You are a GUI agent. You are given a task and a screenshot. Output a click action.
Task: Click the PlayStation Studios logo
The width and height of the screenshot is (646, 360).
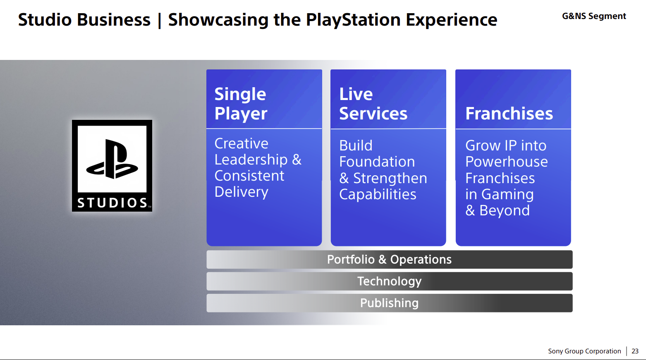pos(112,166)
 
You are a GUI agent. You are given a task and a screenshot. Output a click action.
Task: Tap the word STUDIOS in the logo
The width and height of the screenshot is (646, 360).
pos(112,203)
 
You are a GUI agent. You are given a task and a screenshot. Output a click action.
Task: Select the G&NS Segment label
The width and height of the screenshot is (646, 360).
pos(594,16)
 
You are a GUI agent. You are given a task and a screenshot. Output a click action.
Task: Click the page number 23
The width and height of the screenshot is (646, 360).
pos(635,351)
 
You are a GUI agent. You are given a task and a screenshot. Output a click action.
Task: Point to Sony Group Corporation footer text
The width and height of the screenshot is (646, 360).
pos(584,351)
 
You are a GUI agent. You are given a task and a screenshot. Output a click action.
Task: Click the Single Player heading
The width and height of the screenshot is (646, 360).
pos(241,104)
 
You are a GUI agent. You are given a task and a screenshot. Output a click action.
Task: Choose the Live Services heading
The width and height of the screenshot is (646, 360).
pos(373,104)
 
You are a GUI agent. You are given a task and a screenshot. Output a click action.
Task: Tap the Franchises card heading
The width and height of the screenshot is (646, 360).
pos(509,113)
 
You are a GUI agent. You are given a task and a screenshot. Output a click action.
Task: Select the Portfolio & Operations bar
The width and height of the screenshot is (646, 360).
pos(389,260)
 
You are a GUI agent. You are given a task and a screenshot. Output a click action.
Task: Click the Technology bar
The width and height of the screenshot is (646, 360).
pos(389,281)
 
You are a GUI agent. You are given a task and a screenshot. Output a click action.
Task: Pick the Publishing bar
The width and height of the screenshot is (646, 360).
pos(389,303)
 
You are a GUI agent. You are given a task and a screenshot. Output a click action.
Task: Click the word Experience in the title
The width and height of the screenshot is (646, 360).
pos(451,20)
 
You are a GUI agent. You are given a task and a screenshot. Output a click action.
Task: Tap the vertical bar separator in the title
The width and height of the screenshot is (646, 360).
pos(159,20)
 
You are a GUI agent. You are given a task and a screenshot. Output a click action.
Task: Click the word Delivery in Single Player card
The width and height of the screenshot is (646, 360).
pos(242,192)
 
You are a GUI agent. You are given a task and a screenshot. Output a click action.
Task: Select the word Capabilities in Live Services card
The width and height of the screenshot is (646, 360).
pos(378,195)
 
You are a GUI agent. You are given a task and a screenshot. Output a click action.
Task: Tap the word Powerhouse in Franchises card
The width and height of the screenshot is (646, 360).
pos(506,162)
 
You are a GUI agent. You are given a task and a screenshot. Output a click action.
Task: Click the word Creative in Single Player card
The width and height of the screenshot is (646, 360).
pos(241,143)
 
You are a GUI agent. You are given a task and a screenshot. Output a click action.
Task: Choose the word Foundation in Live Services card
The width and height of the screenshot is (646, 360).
pos(377,162)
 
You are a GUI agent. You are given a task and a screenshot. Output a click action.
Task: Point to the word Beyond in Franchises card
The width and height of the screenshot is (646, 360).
pos(505,211)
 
